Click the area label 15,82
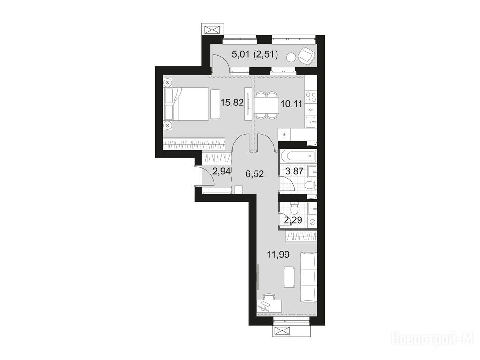(x=232, y=103)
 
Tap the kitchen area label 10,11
(x=292, y=104)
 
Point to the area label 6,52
(x=255, y=174)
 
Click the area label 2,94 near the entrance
(x=221, y=171)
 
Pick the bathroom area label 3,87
(x=294, y=171)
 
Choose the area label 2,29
(x=293, y=219)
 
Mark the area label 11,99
(x=278, y=254)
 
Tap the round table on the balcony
(x=291, y=57)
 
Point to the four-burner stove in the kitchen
(x=311, y=97)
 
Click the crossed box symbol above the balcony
(x=212, y=30)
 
